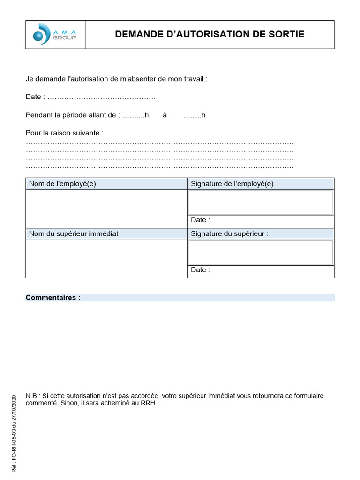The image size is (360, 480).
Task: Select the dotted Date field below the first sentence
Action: [103, 97]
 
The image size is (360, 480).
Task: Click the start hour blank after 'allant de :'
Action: [133, 115]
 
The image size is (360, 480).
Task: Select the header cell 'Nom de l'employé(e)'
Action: [62, 184]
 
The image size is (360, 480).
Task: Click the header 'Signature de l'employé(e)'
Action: [232, 184]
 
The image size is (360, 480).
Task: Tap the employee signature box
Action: [261, 202]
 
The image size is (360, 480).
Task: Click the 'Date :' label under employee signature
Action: [201, 220]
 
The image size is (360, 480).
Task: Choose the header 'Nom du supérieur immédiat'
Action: [74, 233]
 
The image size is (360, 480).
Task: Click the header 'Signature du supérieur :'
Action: [230, 233]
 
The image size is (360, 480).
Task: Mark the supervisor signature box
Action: [261, 253]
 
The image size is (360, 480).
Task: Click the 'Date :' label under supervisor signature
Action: [201, 270]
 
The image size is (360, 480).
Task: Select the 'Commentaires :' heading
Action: [53, 298]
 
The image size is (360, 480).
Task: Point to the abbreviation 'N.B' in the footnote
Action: [31, 396]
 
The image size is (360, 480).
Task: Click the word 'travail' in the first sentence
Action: [193, 79]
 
